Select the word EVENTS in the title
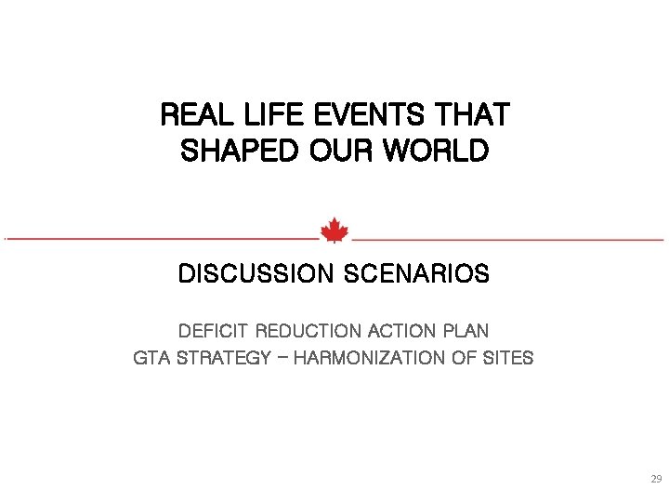(359, 115)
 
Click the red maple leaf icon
(334, 230)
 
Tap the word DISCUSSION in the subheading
(256, 275)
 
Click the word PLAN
(467, 331)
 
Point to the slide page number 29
(655, 480)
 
